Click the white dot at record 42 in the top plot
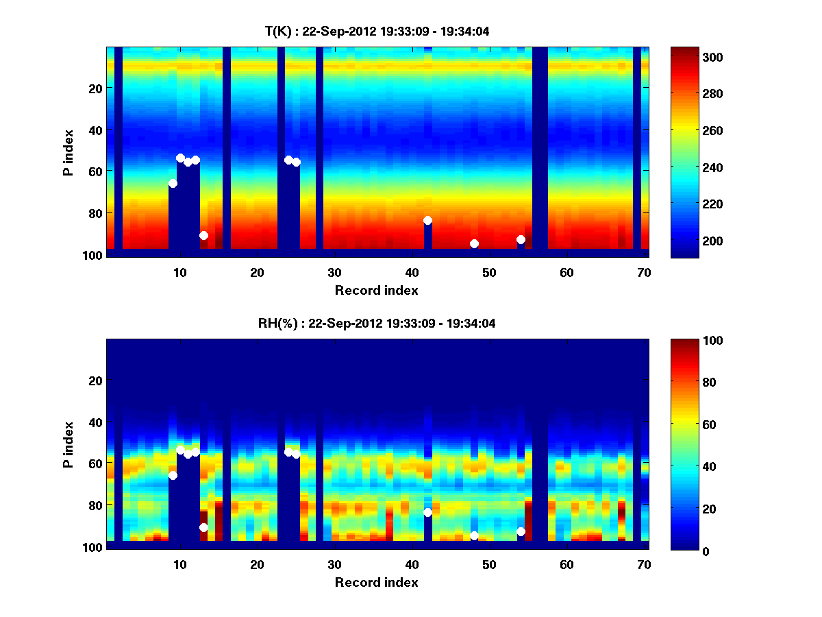(x=427, y=220)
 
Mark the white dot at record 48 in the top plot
(x=474, y=243)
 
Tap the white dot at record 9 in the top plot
(x=173, y=183)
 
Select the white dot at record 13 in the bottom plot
(x=203, y=527)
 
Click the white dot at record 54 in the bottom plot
(x=521, y=531)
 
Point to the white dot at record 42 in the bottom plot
(x=427, y=512)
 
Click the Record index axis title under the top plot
(x=377, y=290)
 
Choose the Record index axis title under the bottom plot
(x=377, y=582)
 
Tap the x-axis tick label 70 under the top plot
(x=644, y=272)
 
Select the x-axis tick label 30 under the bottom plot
(x=334, y=564)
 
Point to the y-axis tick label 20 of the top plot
(x=95, y=88)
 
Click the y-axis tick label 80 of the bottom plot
(x=95, y=505)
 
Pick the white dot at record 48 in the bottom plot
(x=474, y=535)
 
